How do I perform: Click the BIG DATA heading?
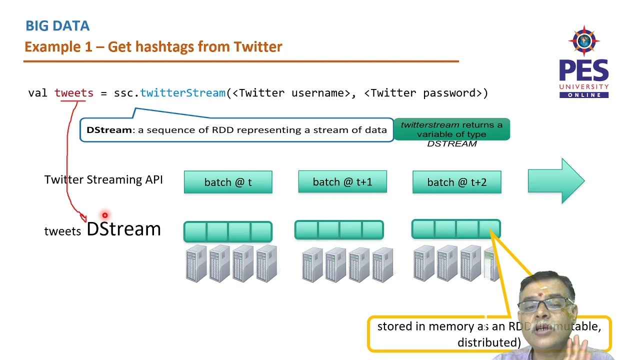pos(57,26)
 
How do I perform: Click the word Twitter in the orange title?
pos(258,47)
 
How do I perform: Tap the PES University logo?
pos(583,62)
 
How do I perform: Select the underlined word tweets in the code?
pos(73,93)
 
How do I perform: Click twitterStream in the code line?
pos(182,93)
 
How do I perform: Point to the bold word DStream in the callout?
pos(108,130)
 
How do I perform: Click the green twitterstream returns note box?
pos(451,130)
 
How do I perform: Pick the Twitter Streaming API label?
pos(103,180)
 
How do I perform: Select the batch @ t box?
pos(228,182)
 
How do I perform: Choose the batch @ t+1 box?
pos(342,182)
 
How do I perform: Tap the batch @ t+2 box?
pos(456,182)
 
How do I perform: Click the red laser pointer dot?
pos(105,215)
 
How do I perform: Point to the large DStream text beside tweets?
pos(123,229)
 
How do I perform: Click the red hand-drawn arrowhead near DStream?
pos(83,217)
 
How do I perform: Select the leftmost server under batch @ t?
pos(196,263)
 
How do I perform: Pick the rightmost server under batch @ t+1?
pos(382,264)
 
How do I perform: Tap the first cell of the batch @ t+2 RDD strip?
pos(423,229)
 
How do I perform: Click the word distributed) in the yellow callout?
pos(488,343)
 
